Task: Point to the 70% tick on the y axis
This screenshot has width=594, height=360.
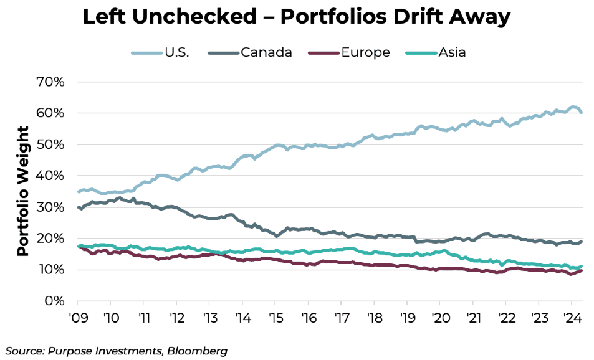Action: [53, 82]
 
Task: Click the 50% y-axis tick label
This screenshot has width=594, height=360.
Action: [53, 144]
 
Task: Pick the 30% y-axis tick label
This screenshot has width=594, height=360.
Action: [53, 207]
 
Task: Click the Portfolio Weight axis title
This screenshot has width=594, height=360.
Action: [23, 191]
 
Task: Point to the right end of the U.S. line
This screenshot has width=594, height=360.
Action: [582, 112]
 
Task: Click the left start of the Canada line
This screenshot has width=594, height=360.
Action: [78, 207]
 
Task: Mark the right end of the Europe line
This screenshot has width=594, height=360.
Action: [582, 270]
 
